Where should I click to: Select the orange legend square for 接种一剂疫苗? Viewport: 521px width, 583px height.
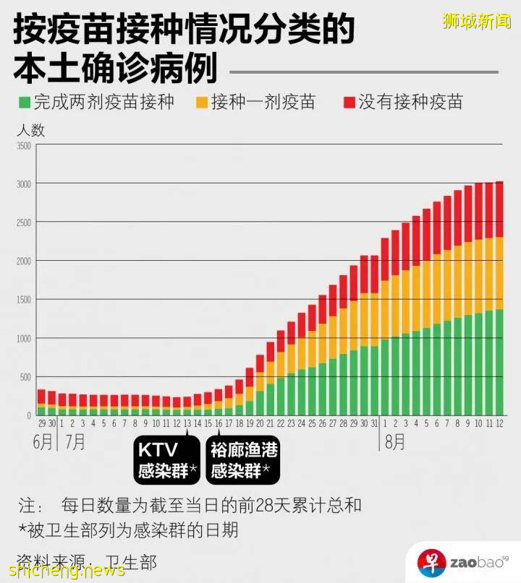[202, 103]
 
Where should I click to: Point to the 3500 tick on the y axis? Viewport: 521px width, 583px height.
[23, 146]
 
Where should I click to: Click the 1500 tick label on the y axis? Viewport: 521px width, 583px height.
[23, 300]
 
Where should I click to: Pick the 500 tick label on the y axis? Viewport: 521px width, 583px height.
[25, 377]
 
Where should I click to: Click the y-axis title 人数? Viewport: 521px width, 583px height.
[30, 130]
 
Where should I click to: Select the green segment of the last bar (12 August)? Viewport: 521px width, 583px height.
[499, 361]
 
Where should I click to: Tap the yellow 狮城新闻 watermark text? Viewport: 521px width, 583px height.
[476, 21]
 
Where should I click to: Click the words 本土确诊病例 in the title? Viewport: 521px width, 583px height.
[116, 69]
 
